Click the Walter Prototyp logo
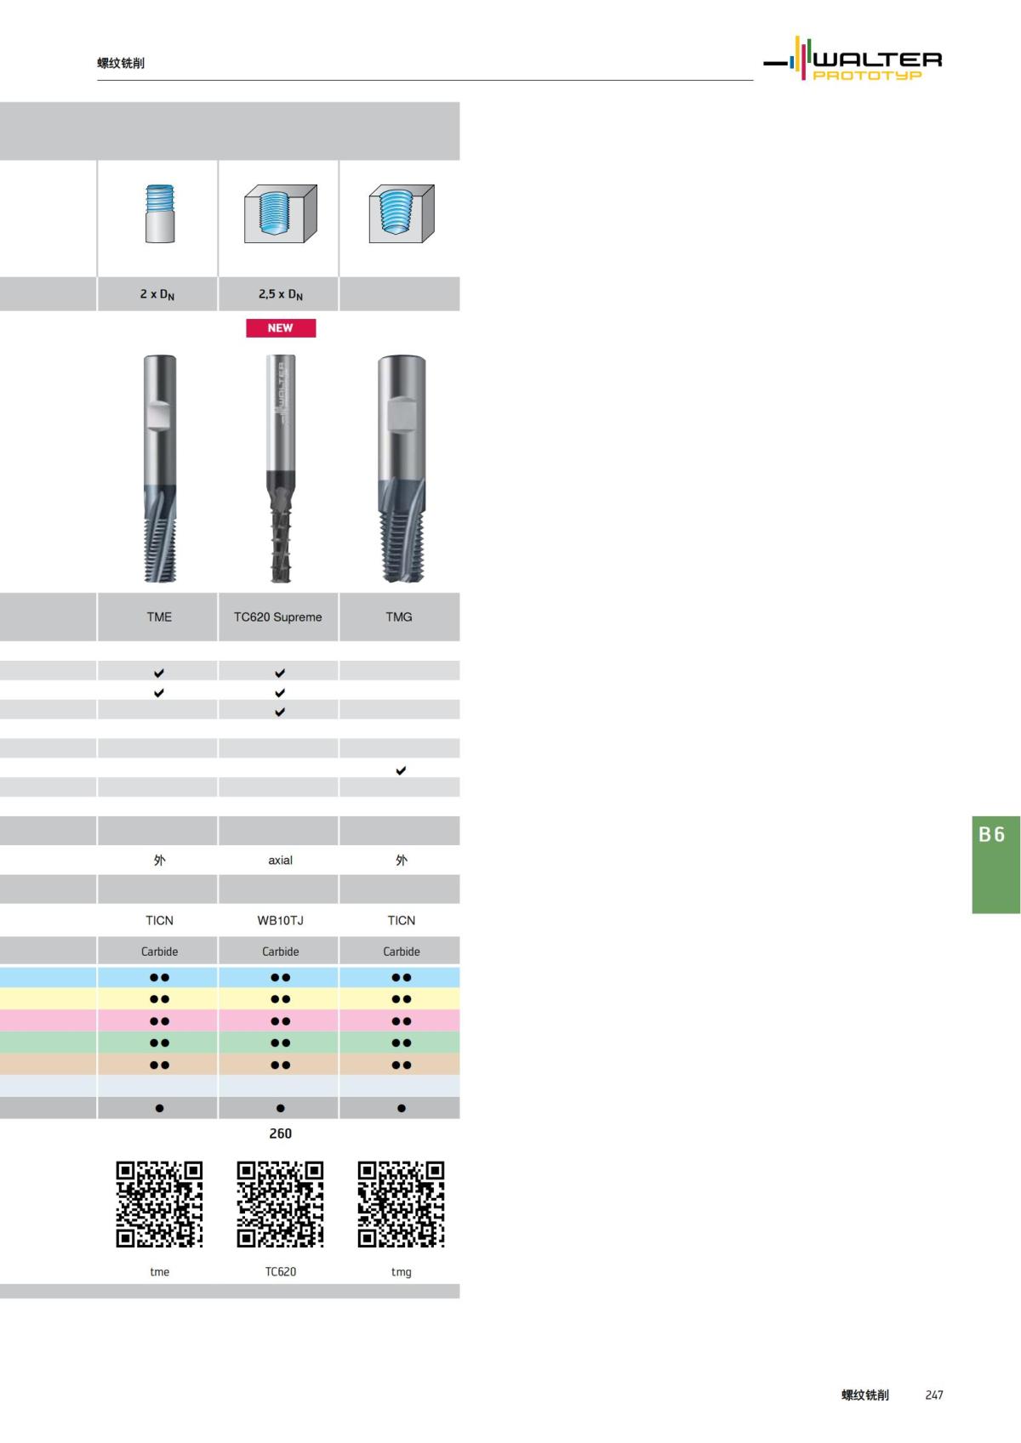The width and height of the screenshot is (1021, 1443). pos(853,60)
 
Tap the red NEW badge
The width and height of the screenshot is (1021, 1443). pos(281,328)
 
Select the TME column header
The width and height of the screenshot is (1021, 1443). pos(159,617)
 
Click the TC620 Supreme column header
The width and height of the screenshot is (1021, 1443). pos(278,617)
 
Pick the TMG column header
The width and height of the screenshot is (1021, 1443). pos(399,617)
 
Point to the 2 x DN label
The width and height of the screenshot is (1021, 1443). pos(157,294)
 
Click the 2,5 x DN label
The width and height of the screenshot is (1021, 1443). pos(281,294)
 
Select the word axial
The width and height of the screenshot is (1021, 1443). pos(281,861)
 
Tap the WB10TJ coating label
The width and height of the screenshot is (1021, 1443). pos(281,921)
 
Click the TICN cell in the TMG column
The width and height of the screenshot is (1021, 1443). pos(402,921)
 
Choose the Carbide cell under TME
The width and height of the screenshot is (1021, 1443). pos(159,952)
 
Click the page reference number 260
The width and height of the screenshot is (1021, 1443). pos(281,1133)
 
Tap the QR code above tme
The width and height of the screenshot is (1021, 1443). pos(159,1204)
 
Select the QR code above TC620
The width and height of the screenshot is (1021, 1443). pos(281,1204)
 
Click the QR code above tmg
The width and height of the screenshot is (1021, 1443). pos(402,1204)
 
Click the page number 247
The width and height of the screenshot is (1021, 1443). pos(934,1395)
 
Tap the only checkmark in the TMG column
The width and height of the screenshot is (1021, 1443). pos(401,770)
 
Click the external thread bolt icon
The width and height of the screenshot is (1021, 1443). pos(159,213)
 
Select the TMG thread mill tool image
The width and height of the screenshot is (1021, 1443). pos(401,469)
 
